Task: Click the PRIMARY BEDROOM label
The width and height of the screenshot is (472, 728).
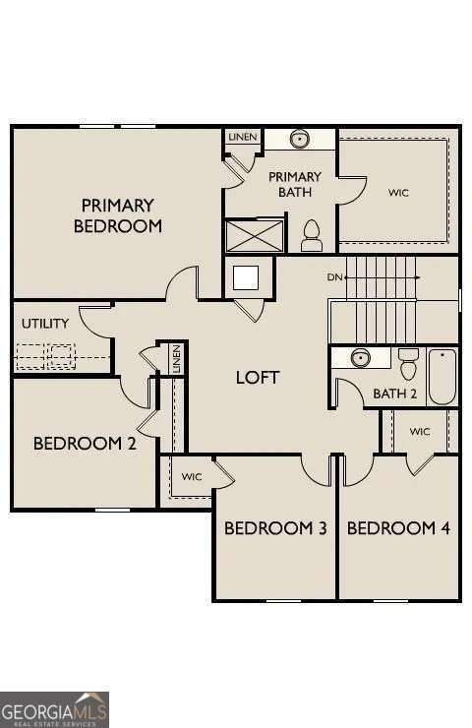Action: click(x=117, y=215)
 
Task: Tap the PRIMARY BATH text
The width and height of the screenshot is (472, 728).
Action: click(x=294, y=184)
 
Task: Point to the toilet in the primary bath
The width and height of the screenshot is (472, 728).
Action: click(x=312, y=235)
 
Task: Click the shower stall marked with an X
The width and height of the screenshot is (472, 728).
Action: click(x=255, y=237)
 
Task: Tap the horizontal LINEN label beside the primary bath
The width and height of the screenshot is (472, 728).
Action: click(x=242, y=137)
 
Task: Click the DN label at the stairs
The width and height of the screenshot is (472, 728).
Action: click(x=335, y=278)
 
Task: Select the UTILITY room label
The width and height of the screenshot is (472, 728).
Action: click(x=45, y=323)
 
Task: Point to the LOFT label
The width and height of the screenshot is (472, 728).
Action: click(x=258, y=377)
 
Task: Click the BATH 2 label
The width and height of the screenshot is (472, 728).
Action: click(x=395, y=394)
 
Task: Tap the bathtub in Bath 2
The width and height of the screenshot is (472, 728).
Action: click(x=442, y=376)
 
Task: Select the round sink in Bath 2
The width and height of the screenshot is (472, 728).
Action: click(x=360, y=357)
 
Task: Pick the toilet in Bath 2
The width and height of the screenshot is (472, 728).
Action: click(x=408, y=363)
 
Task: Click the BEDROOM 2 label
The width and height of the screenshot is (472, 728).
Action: click(x=85, y=443)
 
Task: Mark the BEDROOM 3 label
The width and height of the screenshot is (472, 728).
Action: click(x=275, y=528)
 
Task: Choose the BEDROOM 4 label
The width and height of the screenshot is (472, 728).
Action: click(x=398, y=528)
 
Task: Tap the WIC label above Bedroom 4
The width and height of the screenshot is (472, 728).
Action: click(x=420, y=432)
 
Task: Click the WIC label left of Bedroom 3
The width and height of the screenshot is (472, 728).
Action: click(x=192, y=477)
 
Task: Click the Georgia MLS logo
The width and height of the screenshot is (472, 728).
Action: click(x=55, y=708)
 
